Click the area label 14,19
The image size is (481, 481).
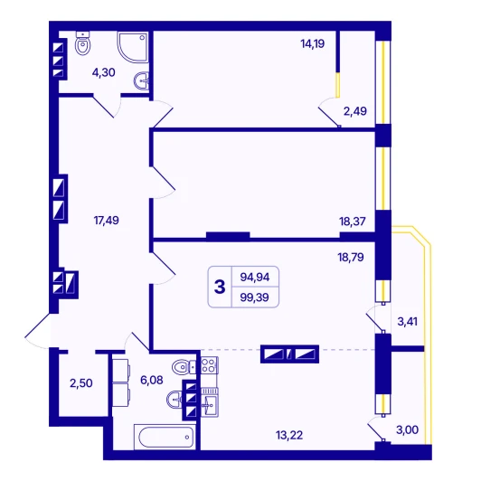click(313, 44)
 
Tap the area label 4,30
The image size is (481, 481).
click(104, 72)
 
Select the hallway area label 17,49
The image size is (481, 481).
click(106, 221)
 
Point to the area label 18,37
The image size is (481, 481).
click(353, 222)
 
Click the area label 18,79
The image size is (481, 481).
click(351, 257)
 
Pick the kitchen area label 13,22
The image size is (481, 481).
click(289, 435)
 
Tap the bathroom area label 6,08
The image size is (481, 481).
click(152, 380)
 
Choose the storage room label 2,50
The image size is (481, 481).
click(81, 383)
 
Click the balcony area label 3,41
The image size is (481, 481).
click(408, 322)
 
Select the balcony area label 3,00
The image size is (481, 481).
click(408, 429)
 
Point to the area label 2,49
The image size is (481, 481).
click(355, 111)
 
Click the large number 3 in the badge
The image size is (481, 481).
click(220, 287)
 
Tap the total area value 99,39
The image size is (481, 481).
click(255, 297)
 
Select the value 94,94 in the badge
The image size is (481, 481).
click(255, 277)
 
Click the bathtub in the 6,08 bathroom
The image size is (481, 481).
click(165, 437)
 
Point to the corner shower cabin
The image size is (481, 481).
click(134, 47)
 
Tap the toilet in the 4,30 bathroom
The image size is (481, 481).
click(83, 43)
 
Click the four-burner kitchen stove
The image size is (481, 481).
click(209, 365)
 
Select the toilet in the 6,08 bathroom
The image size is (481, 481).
click(184, 367)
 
